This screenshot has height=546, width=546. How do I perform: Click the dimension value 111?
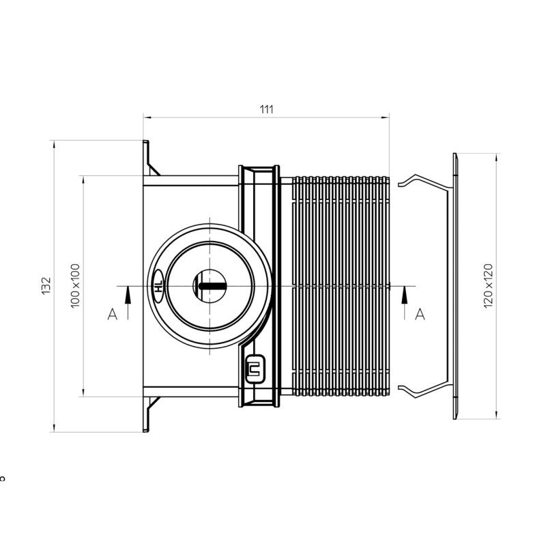266,109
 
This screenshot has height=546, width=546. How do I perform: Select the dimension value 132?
46,286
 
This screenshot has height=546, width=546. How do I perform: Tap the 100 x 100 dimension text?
75,285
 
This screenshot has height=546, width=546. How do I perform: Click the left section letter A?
113,314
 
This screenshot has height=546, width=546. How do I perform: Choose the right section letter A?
420,314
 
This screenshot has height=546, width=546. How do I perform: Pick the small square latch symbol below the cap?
255,369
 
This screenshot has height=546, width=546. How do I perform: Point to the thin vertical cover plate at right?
454,286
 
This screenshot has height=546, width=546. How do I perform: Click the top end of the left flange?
145,143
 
